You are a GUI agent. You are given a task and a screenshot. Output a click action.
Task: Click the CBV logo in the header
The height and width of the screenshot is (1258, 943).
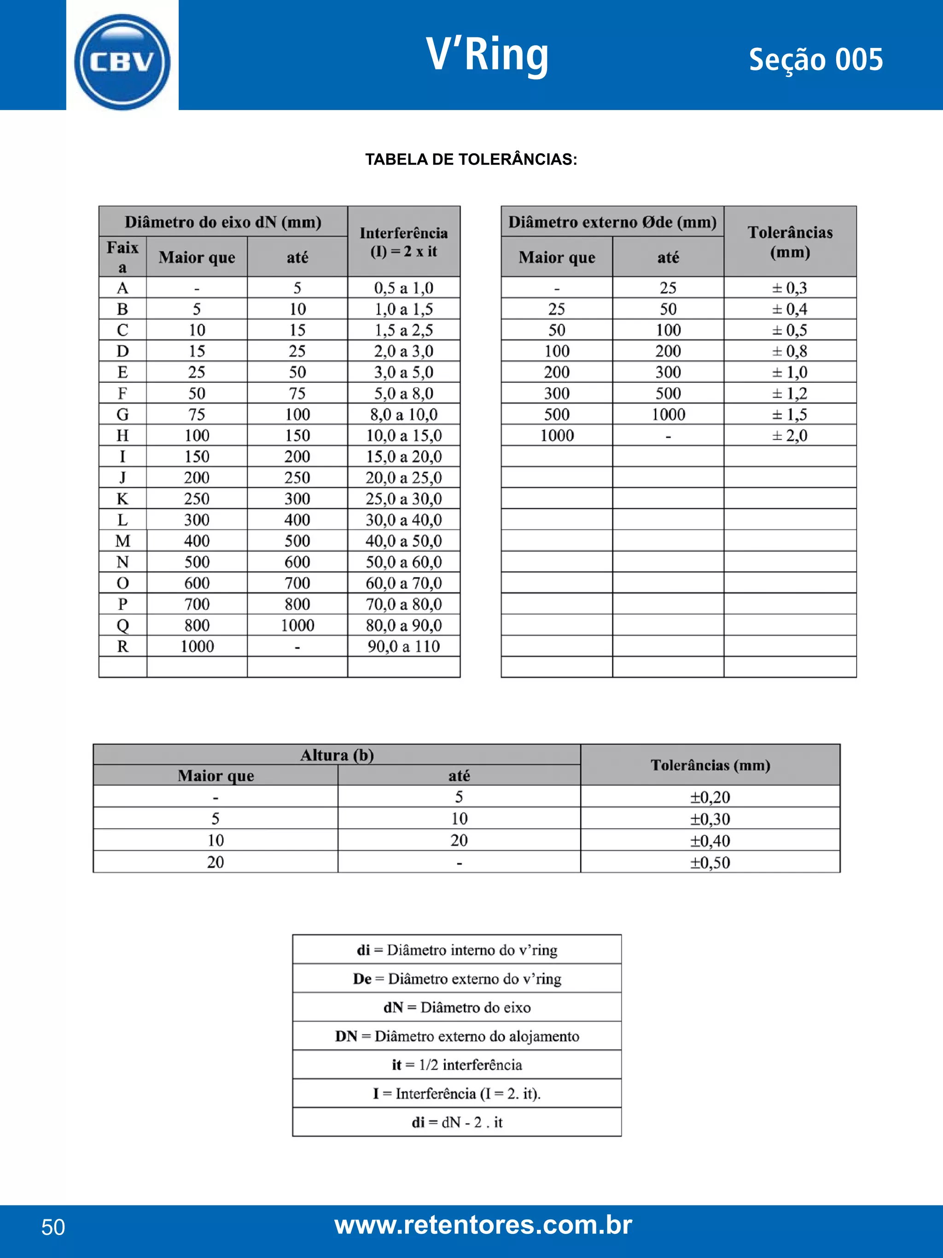pos(122,61)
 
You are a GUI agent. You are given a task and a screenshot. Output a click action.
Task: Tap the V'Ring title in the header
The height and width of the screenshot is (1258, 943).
pos(487,55)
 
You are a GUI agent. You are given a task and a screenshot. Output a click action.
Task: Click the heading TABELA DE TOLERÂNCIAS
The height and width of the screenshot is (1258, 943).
pos(471,159)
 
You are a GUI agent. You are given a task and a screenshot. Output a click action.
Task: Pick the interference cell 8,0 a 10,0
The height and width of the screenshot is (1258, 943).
pos(403,414)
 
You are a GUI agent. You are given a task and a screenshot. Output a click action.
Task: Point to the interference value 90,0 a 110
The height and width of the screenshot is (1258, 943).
pos(403,646)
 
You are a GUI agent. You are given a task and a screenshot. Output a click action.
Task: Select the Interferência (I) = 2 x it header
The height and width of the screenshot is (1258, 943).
pos(403,242)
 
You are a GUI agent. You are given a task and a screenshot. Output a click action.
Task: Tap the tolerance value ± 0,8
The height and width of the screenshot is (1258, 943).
pos(790,351)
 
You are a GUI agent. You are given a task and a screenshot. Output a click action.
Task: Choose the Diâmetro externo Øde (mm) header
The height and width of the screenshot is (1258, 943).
pos(612,222)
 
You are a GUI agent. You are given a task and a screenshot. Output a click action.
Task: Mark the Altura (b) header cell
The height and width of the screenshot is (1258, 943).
pos(337,755)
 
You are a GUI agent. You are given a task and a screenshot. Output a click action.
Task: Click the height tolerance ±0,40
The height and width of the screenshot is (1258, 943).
pos(710,840)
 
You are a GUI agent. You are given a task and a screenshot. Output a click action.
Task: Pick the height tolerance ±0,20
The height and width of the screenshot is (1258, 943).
pos(710,797)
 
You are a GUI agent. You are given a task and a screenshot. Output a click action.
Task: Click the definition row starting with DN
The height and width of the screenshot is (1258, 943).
pos(457,1036)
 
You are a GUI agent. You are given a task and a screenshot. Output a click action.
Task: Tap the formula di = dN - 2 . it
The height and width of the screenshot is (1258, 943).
pos(457,1122)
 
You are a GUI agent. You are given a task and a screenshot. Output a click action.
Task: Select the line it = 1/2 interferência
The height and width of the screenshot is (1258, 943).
pos(457,1064)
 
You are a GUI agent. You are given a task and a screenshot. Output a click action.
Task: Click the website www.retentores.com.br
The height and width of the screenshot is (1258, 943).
pos(483,1224)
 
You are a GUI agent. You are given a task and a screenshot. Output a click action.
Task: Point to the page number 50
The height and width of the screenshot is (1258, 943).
pos(53,1227)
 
